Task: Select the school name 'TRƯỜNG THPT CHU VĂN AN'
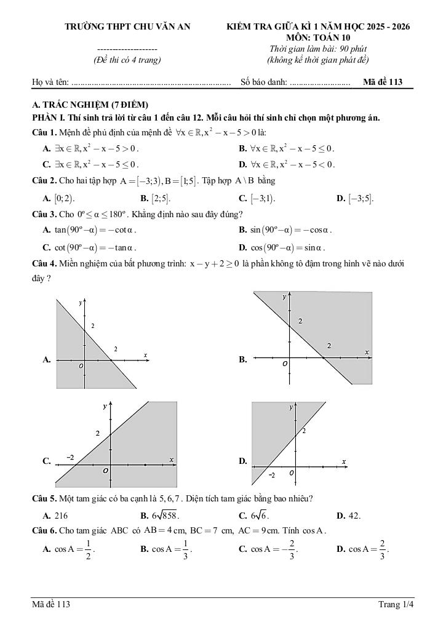(128, 26)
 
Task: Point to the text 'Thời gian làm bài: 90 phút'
(317, 49)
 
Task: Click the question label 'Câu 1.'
(44, 132)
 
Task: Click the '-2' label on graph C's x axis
(70, 458)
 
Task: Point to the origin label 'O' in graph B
(285, 364)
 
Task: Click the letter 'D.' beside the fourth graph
(243, 461)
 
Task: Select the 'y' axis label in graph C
(105, 407)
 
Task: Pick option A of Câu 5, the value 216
(56, 516)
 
